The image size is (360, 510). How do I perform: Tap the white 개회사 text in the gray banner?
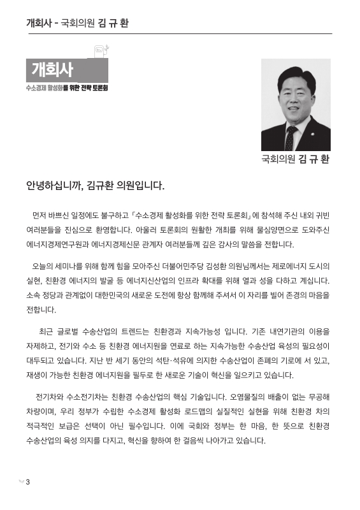(52, 69)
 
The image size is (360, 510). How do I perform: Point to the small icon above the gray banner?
(101, 49)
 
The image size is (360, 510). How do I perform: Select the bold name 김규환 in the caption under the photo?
(313, 159)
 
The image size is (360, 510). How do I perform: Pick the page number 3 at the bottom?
(27, 481)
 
